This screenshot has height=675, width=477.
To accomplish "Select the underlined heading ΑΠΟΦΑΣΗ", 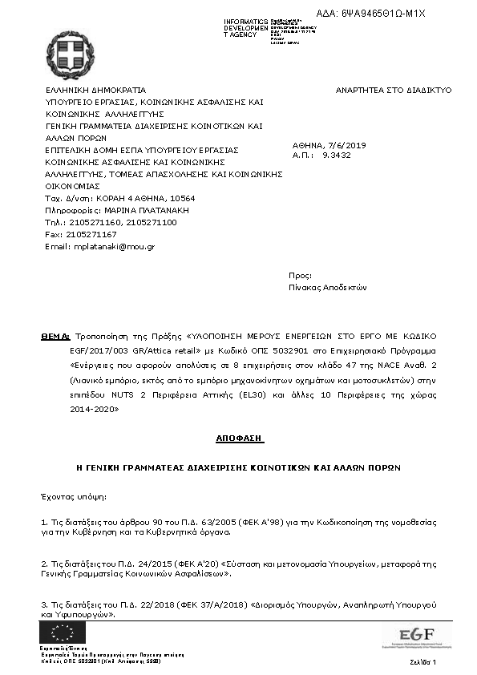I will [238, 439].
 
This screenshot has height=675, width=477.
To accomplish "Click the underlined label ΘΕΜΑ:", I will [55, 337].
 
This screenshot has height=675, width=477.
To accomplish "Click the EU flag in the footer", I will [63, 632].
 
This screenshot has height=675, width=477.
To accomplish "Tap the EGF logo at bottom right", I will [416, 635].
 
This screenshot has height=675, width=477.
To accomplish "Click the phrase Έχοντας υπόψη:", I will [73, 496].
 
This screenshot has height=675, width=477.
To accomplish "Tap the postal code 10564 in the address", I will [181, 198].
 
